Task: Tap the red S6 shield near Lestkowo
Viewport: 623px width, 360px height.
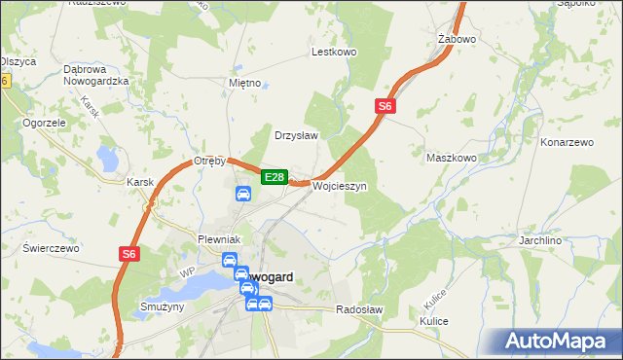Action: coord(385,106)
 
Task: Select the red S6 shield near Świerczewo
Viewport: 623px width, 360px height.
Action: coord(129,254)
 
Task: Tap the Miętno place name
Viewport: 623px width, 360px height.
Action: coord(244,83)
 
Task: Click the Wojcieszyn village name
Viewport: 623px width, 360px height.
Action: coord(339,186)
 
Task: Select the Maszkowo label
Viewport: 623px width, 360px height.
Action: coord(452,157)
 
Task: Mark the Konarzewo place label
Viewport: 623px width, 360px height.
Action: coord(567,142)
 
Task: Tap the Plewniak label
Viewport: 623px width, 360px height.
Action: coord(218,239)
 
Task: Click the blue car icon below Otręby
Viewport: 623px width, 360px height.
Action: coord(242,195)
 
